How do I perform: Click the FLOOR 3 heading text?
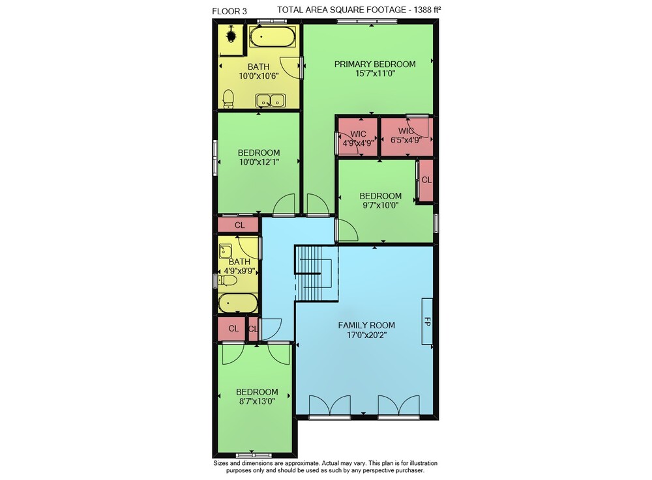pos(229,11)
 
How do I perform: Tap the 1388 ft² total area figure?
pos(427,10)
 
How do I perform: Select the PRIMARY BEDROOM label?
pos(375,64)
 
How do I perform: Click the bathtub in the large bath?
pos(273,36)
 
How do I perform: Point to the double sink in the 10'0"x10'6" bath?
pos(271,100)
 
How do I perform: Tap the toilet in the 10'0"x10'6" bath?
pos(228,99)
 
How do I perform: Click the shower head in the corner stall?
pos(231,35)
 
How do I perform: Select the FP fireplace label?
pos(427,321)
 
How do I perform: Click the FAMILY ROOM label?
pos(366,325)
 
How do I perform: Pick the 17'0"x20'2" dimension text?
pos(366,335)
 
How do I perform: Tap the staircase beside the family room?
pos(316,272)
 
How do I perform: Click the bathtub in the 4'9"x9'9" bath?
pos(238,304)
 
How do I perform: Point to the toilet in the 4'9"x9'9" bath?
pos(228,281)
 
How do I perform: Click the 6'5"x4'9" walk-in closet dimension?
pos(406,140)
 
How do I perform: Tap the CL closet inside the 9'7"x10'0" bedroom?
pos(426,180)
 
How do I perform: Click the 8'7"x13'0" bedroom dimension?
pos(256,401)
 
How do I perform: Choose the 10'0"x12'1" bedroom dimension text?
pos(259,162)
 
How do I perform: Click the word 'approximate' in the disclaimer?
pos(300,463)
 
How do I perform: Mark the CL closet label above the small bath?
pos(239,225)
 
